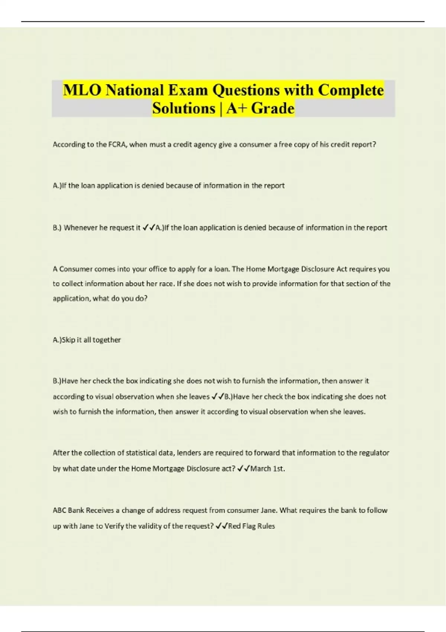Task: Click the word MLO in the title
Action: point(82,90)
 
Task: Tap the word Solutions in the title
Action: point(184,109)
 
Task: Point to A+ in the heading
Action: point(236,109)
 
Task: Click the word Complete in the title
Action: point(351,90)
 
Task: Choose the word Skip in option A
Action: point(68,340)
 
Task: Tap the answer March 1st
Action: point(268,469)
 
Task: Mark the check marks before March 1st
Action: point(243,469)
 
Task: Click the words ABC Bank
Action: point(68,510)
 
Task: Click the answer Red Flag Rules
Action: point(251,526)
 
